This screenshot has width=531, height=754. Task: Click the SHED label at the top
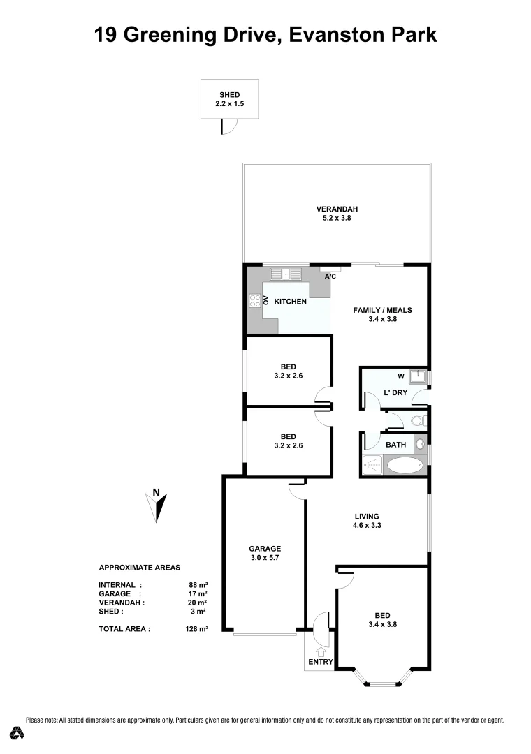point(229,95)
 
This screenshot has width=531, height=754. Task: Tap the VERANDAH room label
point(337,209)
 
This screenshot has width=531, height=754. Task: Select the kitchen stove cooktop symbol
point(255,301)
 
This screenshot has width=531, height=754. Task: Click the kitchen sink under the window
point(285,274)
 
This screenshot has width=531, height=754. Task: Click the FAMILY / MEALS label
point(382,310)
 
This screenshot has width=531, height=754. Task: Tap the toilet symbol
point(418,421)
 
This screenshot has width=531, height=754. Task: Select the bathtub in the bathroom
point(405,466)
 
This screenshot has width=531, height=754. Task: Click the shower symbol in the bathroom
point(372,466)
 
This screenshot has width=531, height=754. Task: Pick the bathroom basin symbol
point(421,444)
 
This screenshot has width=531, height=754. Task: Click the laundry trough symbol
point(418,377)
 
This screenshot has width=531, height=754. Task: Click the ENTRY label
point(320,662)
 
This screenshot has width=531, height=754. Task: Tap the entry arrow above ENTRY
point(321,651)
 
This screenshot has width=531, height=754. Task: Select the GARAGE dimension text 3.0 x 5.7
point(265,558)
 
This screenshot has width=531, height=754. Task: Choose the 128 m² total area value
point(197,629)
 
